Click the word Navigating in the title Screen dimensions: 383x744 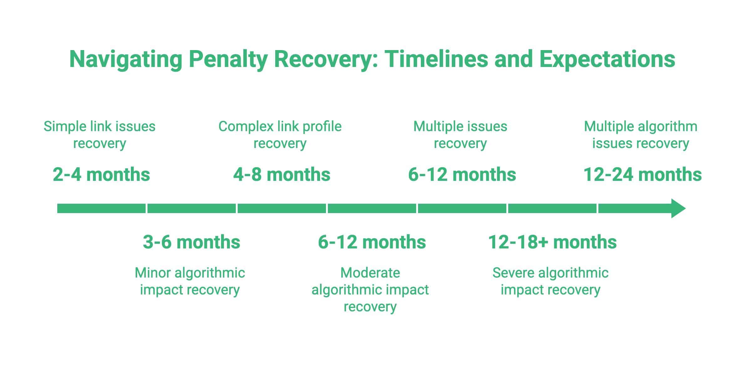point(126,59)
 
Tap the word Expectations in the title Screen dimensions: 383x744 point(607,59)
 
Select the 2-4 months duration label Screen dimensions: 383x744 point(101,175)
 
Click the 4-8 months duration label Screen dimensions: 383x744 point(282,175)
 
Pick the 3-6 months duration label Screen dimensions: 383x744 point(191,242)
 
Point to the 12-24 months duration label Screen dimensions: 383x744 point(642,175)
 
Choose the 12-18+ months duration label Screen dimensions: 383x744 point(552,242)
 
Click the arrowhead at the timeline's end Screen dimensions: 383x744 point(678,208)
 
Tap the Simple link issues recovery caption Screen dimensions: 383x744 point(99,135)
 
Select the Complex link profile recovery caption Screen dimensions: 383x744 point(280,135)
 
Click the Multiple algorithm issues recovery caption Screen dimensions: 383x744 point(640,135)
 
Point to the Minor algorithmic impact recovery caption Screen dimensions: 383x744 point(190,281)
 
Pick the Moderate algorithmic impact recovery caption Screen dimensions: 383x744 point(370,289)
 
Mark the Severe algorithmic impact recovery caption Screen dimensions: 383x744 point(550,281)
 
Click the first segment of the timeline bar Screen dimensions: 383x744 point(101,208)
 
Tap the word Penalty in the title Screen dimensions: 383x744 point(228,59)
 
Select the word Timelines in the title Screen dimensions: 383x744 point(436,59)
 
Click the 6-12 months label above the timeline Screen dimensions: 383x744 point(462,175)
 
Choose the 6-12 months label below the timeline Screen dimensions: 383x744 point(372,242)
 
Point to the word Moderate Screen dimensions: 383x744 point(370,273)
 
